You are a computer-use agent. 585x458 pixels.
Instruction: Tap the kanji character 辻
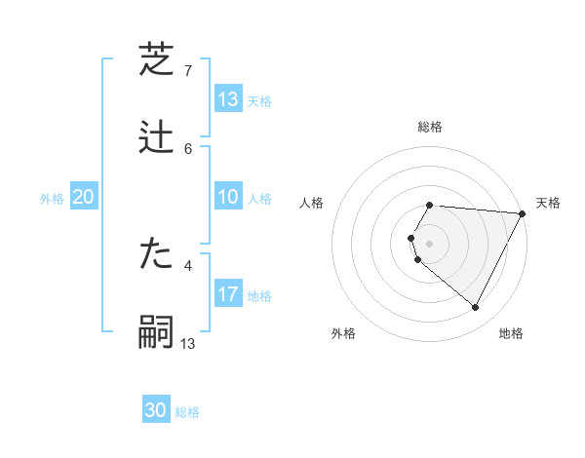pyautogui.click(x=157, y=137)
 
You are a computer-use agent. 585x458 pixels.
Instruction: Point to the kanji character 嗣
pyautogui.click(x=157, y=332)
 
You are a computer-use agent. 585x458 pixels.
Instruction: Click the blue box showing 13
pyautogui.click(x=228, y=99)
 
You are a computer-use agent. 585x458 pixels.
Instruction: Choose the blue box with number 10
pyautogui.click(x=228, y=197)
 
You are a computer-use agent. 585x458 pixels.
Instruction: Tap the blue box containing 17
pyautogui.click(x=228, y=294)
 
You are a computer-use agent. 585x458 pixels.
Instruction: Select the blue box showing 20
pyautogui.click(x=83, y=197)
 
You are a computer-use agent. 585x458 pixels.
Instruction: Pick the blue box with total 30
pyautogui.click(x=156, y=411)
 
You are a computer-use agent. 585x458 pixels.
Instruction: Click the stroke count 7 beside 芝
pyautogui.click(x=188, y=71)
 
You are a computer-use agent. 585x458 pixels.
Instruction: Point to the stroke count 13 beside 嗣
pyautogui.click(x=188, y=343)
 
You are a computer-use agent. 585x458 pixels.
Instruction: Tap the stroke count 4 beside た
pyautogui.click(x=188, y=265)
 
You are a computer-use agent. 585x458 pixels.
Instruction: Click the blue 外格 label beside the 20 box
pyautogui.click(x=52, y=198)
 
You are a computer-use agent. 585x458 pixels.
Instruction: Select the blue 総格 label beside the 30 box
pyautogui.click(x=187, y=412)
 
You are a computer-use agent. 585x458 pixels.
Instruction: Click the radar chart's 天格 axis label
pyautogui.click(x=548, y=203)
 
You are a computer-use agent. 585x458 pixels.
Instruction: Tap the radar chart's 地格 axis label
pyautogui.click(x=511, y=334)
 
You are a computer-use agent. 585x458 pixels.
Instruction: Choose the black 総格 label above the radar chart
pyautogui.click(x=430, y=127)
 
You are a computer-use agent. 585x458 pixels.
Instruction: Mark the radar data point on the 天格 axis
pyautogui.click(x=523, y=213)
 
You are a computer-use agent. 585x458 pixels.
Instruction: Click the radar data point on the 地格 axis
pyautogui.click(x=476, y=308)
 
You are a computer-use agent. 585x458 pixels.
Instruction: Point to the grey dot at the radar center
pyautogui.click(x=430, y=243)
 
